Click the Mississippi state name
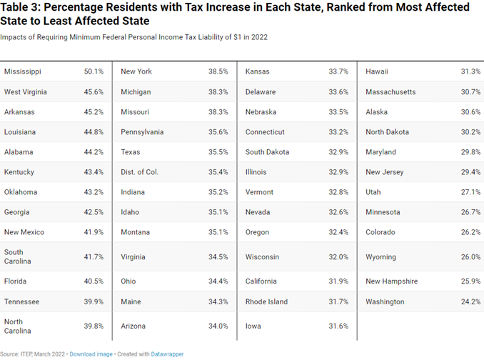click(23, 71)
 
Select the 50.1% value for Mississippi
click(94, 71)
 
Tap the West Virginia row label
click(26, 91)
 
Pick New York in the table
click(136, 71)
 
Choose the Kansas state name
click(257, 71)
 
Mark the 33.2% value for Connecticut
click(338, 132)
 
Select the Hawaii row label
click(377, 71)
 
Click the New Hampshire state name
click(392, 281)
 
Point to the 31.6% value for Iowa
click(338, 326)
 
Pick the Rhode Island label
click(267, 302)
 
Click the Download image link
click(91, 354)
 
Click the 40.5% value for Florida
click(94, 281)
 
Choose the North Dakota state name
click(388, 132)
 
